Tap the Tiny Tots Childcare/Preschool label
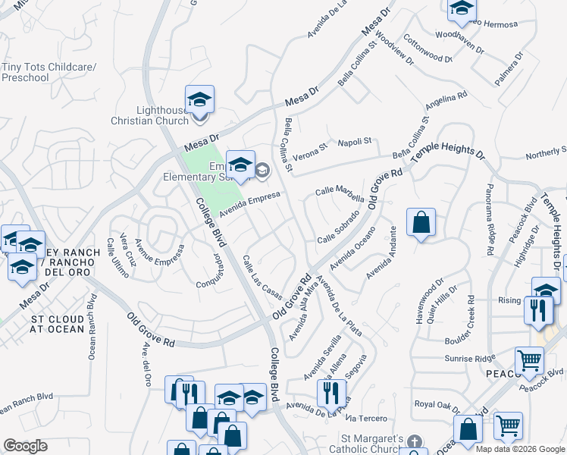(x=49, y=72)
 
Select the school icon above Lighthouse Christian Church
(x=199, y=100)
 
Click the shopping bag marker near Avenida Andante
(x=421, y=223)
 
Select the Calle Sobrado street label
(x=337, y=227)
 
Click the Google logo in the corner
(x=25, y=446)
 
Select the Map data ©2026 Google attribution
(x=520, y=449)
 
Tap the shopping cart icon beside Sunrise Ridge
(x=529, y=360)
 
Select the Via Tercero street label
(x=366, y=419)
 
